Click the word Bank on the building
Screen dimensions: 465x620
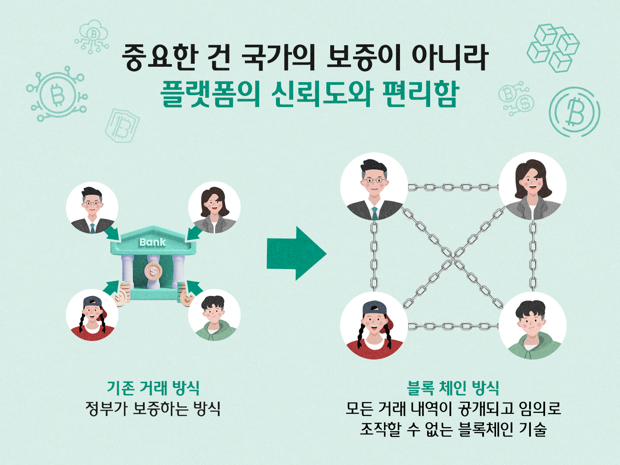tap(152, 242)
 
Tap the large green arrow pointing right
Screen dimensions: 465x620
tap(296, 254)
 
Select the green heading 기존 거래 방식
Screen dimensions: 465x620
tap(153, 387)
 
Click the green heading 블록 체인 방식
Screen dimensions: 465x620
tap(453, 387)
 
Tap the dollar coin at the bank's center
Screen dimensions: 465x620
tap(153, 271)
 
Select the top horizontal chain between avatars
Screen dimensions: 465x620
tap(453, 187)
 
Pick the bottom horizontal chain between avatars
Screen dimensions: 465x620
tap(453, 326)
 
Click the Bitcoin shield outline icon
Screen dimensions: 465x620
tap(122, 125)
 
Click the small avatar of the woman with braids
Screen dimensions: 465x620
tap(92, 315)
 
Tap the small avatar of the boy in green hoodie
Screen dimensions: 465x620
tap(214, 315)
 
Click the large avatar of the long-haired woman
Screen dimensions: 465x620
tap(533, 186)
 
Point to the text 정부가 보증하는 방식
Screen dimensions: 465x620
tap(153, 408)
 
